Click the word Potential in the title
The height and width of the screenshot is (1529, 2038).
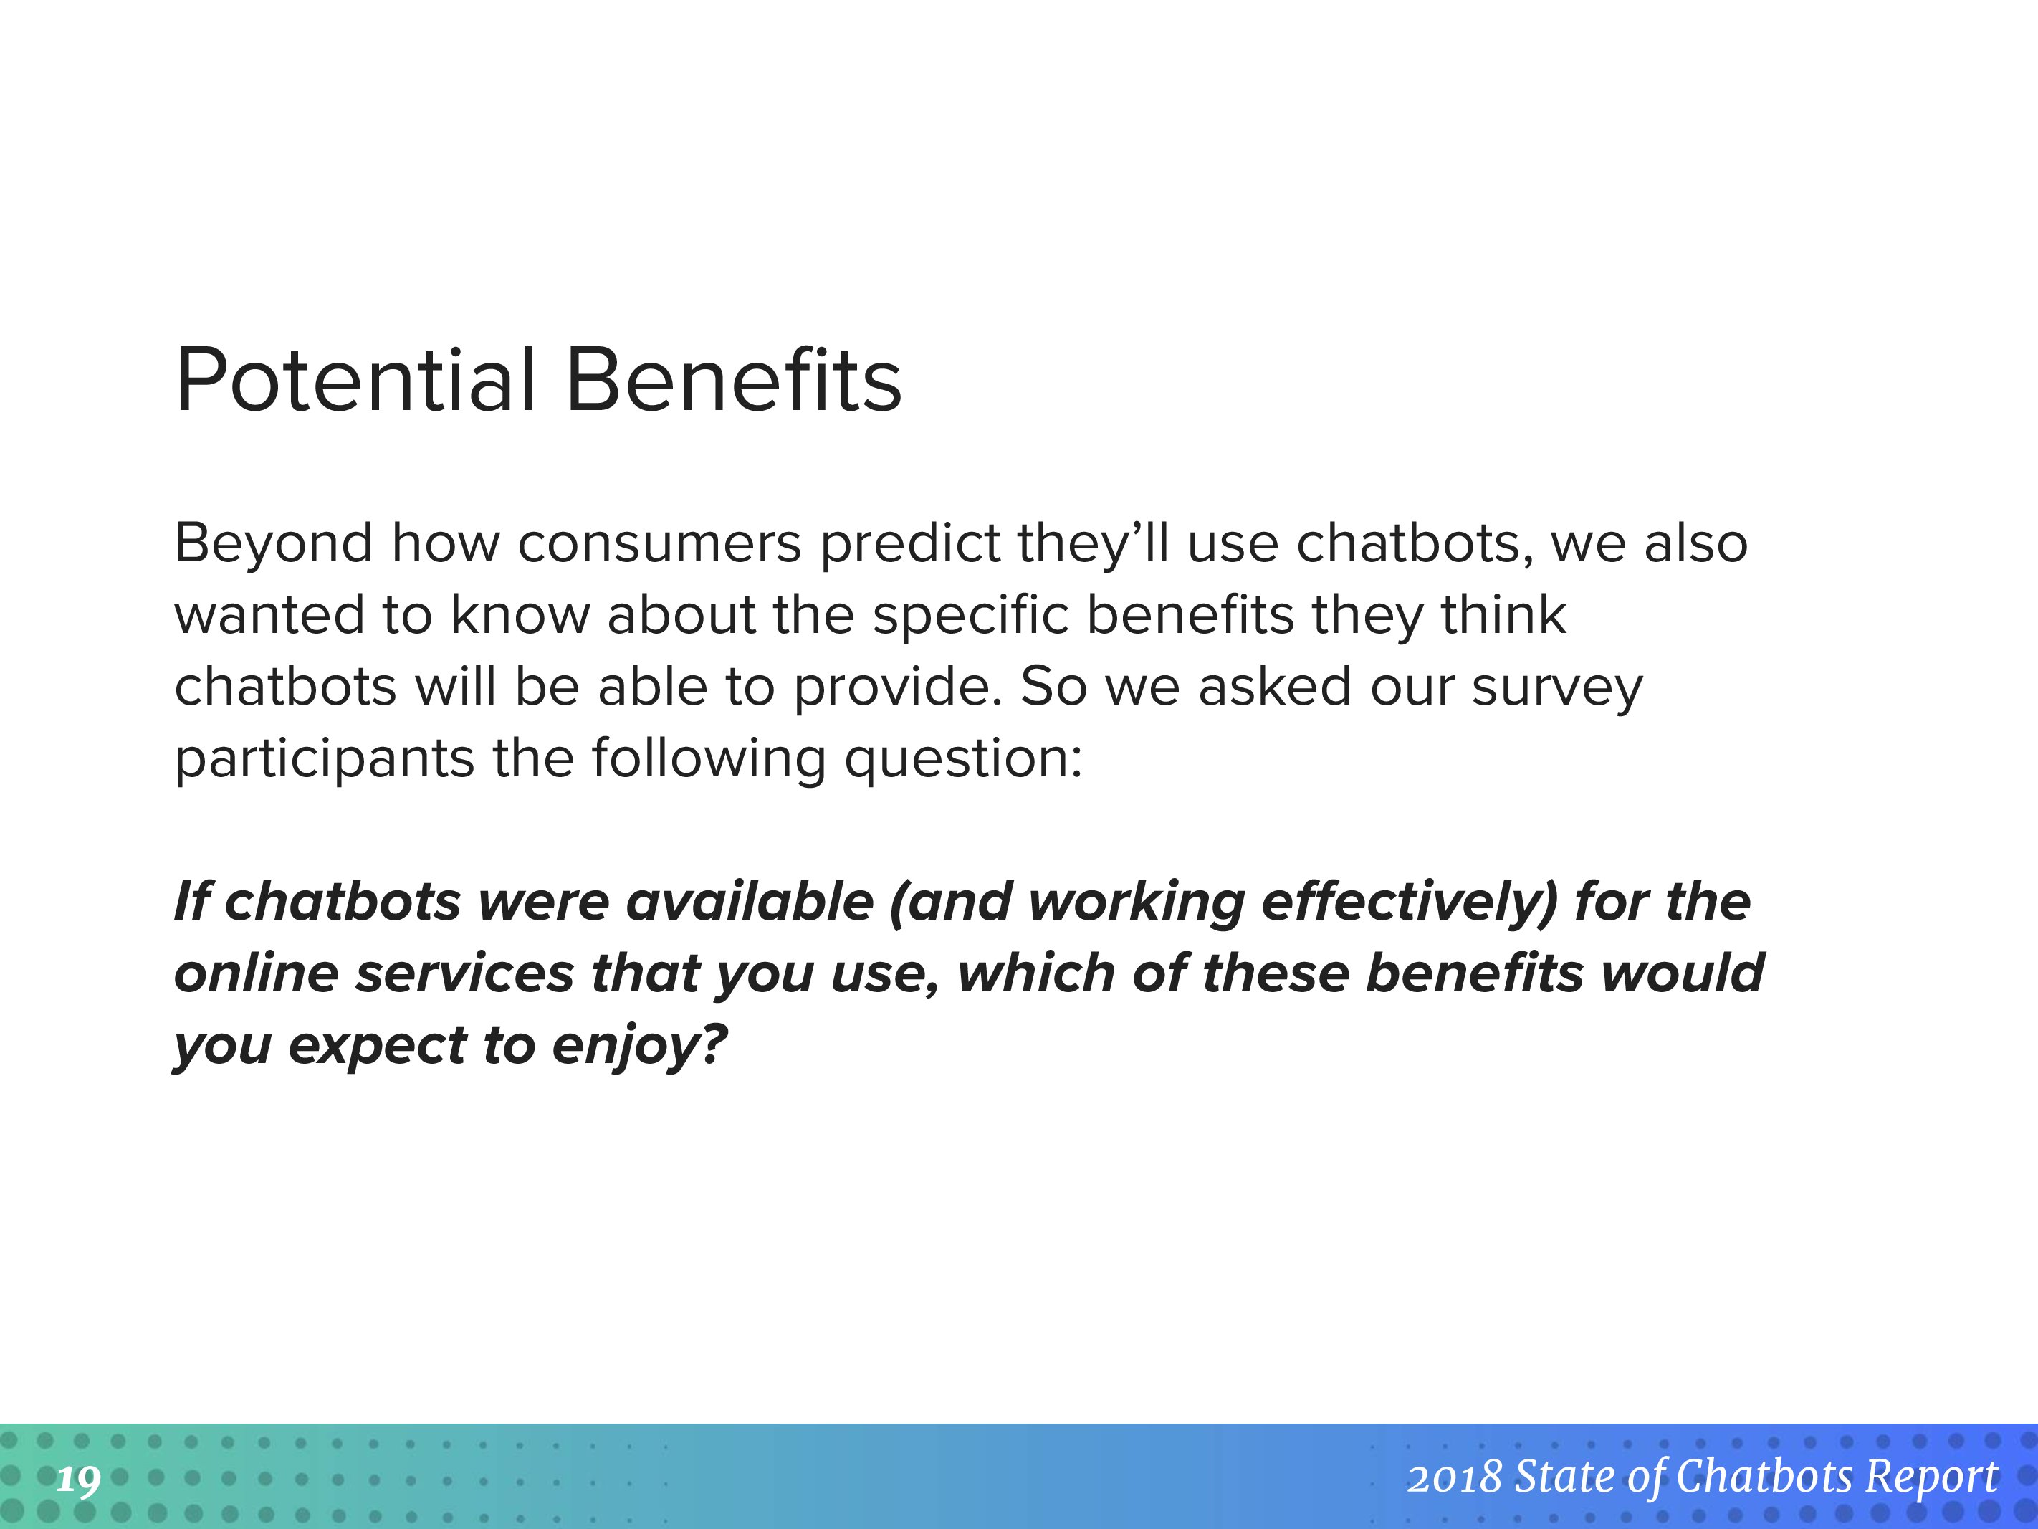pyautogui.click(x=355, y=381)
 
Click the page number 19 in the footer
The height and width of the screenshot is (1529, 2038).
pyautogui.click(x=78, y=1481)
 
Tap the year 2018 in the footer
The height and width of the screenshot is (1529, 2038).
pyautogui.click(x=1455, y=1477)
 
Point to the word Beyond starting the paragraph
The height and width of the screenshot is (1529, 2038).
pyautogui.click(x=274, y=544)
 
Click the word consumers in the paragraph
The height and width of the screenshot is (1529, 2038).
pyautogui.click(x=660, y=544)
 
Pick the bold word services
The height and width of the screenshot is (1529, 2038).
pyautogui.click(x=464, y=975)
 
